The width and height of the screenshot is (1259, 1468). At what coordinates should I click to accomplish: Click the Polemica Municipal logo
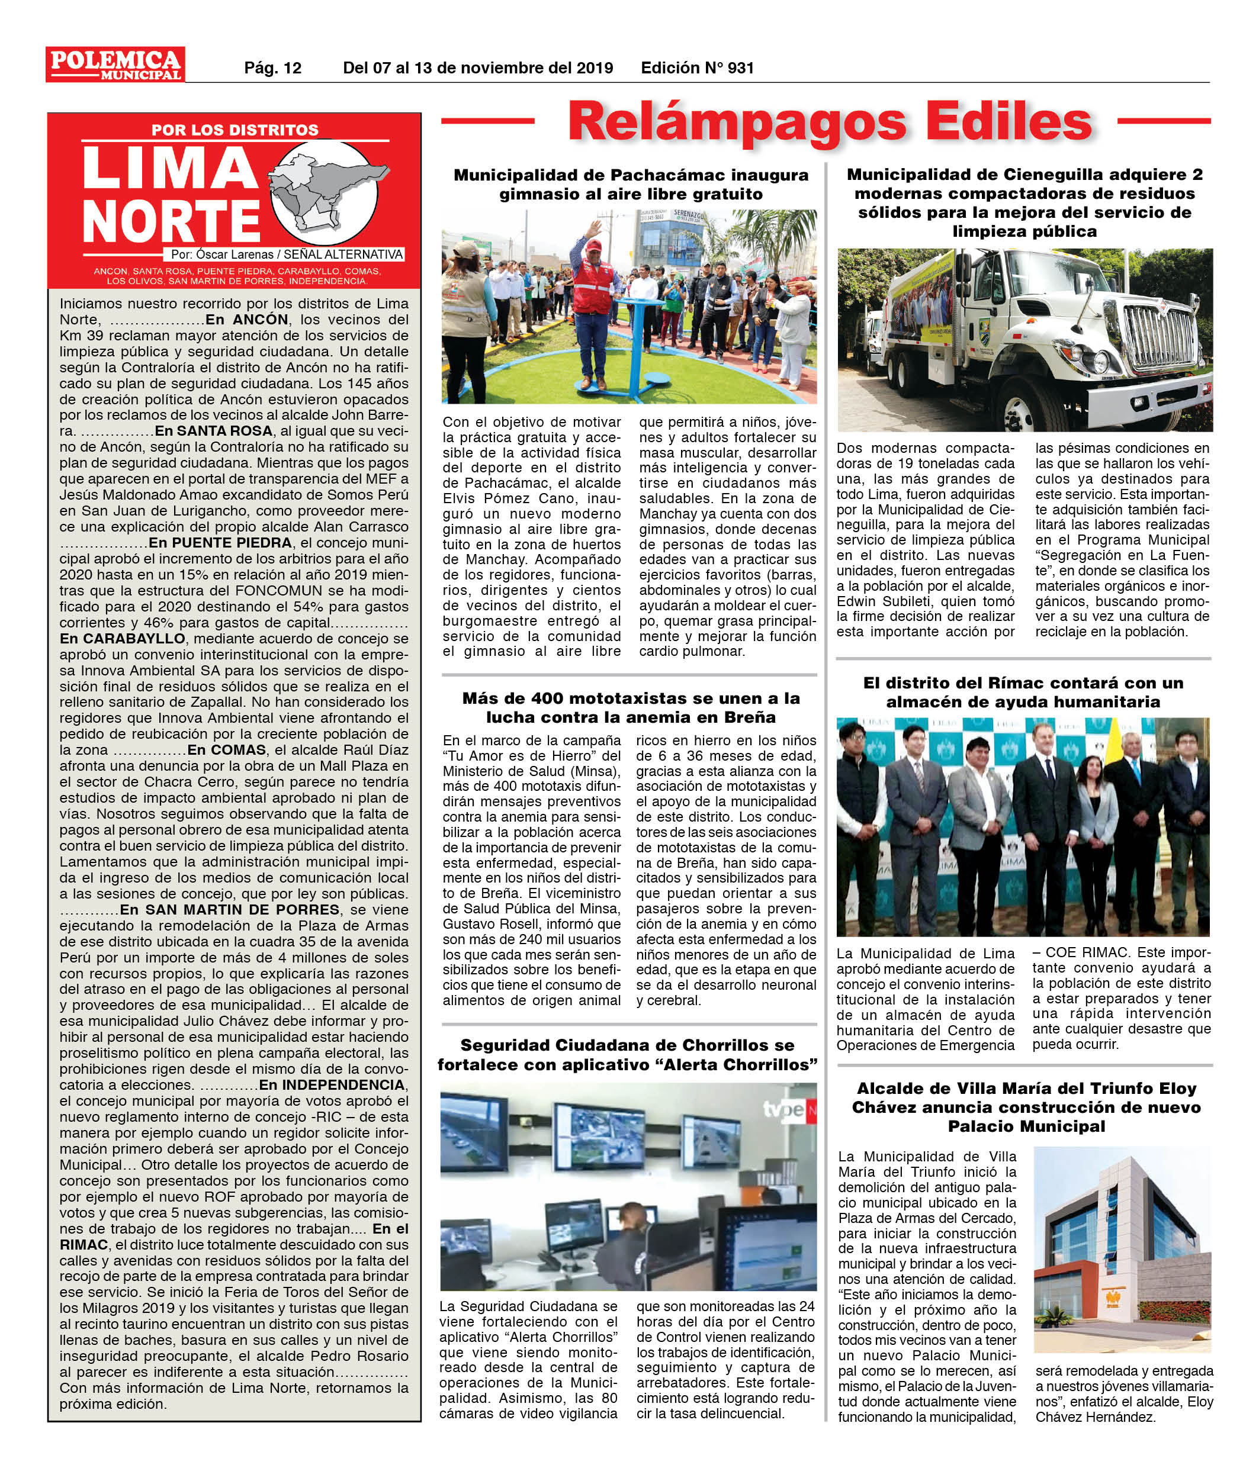point(115,64)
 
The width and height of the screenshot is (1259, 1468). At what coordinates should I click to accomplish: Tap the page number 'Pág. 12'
point(273,68)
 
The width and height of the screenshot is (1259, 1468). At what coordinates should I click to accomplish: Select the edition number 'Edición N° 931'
point(697,68)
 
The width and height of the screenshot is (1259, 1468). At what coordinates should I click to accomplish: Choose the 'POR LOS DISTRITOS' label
point(235,130)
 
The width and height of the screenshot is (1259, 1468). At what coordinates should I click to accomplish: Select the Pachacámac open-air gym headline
point(630,184)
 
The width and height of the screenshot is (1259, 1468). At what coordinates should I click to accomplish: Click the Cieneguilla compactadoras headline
point(1024,202)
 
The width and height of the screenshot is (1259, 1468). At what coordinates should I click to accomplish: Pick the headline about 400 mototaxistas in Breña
point(630,707)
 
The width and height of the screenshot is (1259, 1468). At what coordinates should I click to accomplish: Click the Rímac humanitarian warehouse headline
point(1023,692)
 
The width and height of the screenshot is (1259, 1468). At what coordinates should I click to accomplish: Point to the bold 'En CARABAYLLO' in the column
point(122,638)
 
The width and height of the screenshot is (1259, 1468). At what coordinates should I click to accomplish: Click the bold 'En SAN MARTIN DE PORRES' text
point(230,910)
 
